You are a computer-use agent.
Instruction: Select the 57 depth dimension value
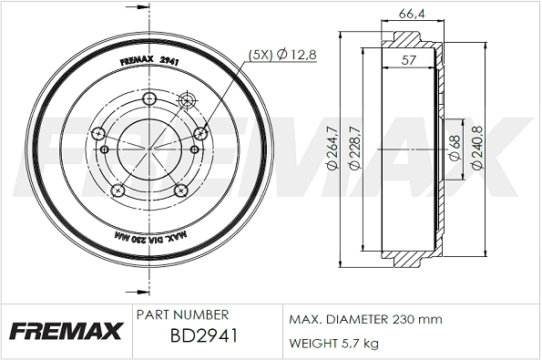[x=410, y=61]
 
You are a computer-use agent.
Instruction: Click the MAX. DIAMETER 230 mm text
[x=365, y=319]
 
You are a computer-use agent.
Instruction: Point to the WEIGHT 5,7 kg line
[x=333, y=343]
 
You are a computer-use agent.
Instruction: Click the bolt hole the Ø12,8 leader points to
[x=196, y=133]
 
